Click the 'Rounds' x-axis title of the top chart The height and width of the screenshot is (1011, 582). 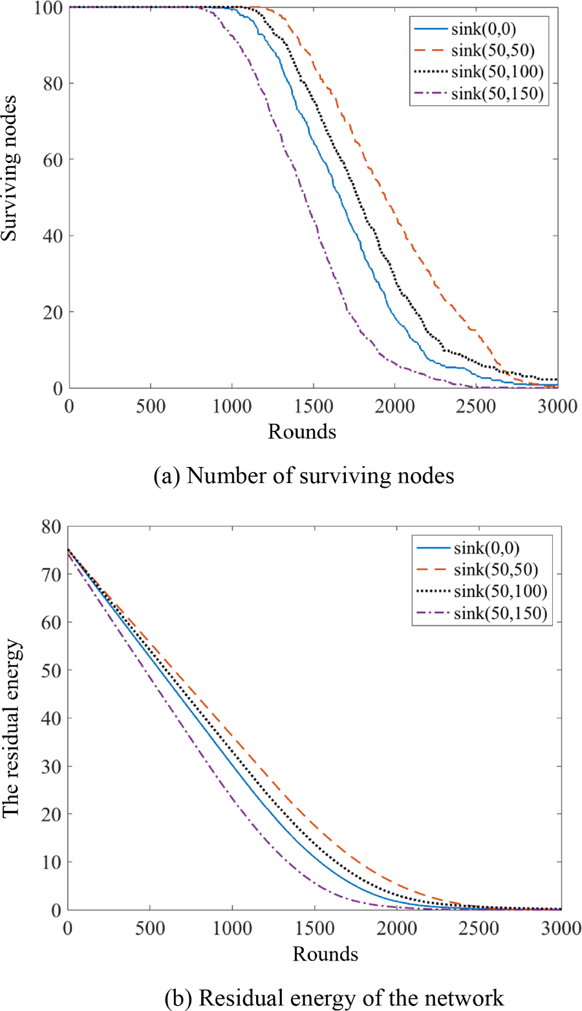click(x=302, y=431)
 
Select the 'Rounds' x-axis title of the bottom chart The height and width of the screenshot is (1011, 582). click(x=325, y=953)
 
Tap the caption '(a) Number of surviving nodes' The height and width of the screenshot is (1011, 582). click(x=303, y=476)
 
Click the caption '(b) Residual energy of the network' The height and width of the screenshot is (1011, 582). click(x=334, y=997)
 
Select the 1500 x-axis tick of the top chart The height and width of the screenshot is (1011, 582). click(x=313, y=407)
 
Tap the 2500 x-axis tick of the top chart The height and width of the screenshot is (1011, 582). click(x=476, y=407)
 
